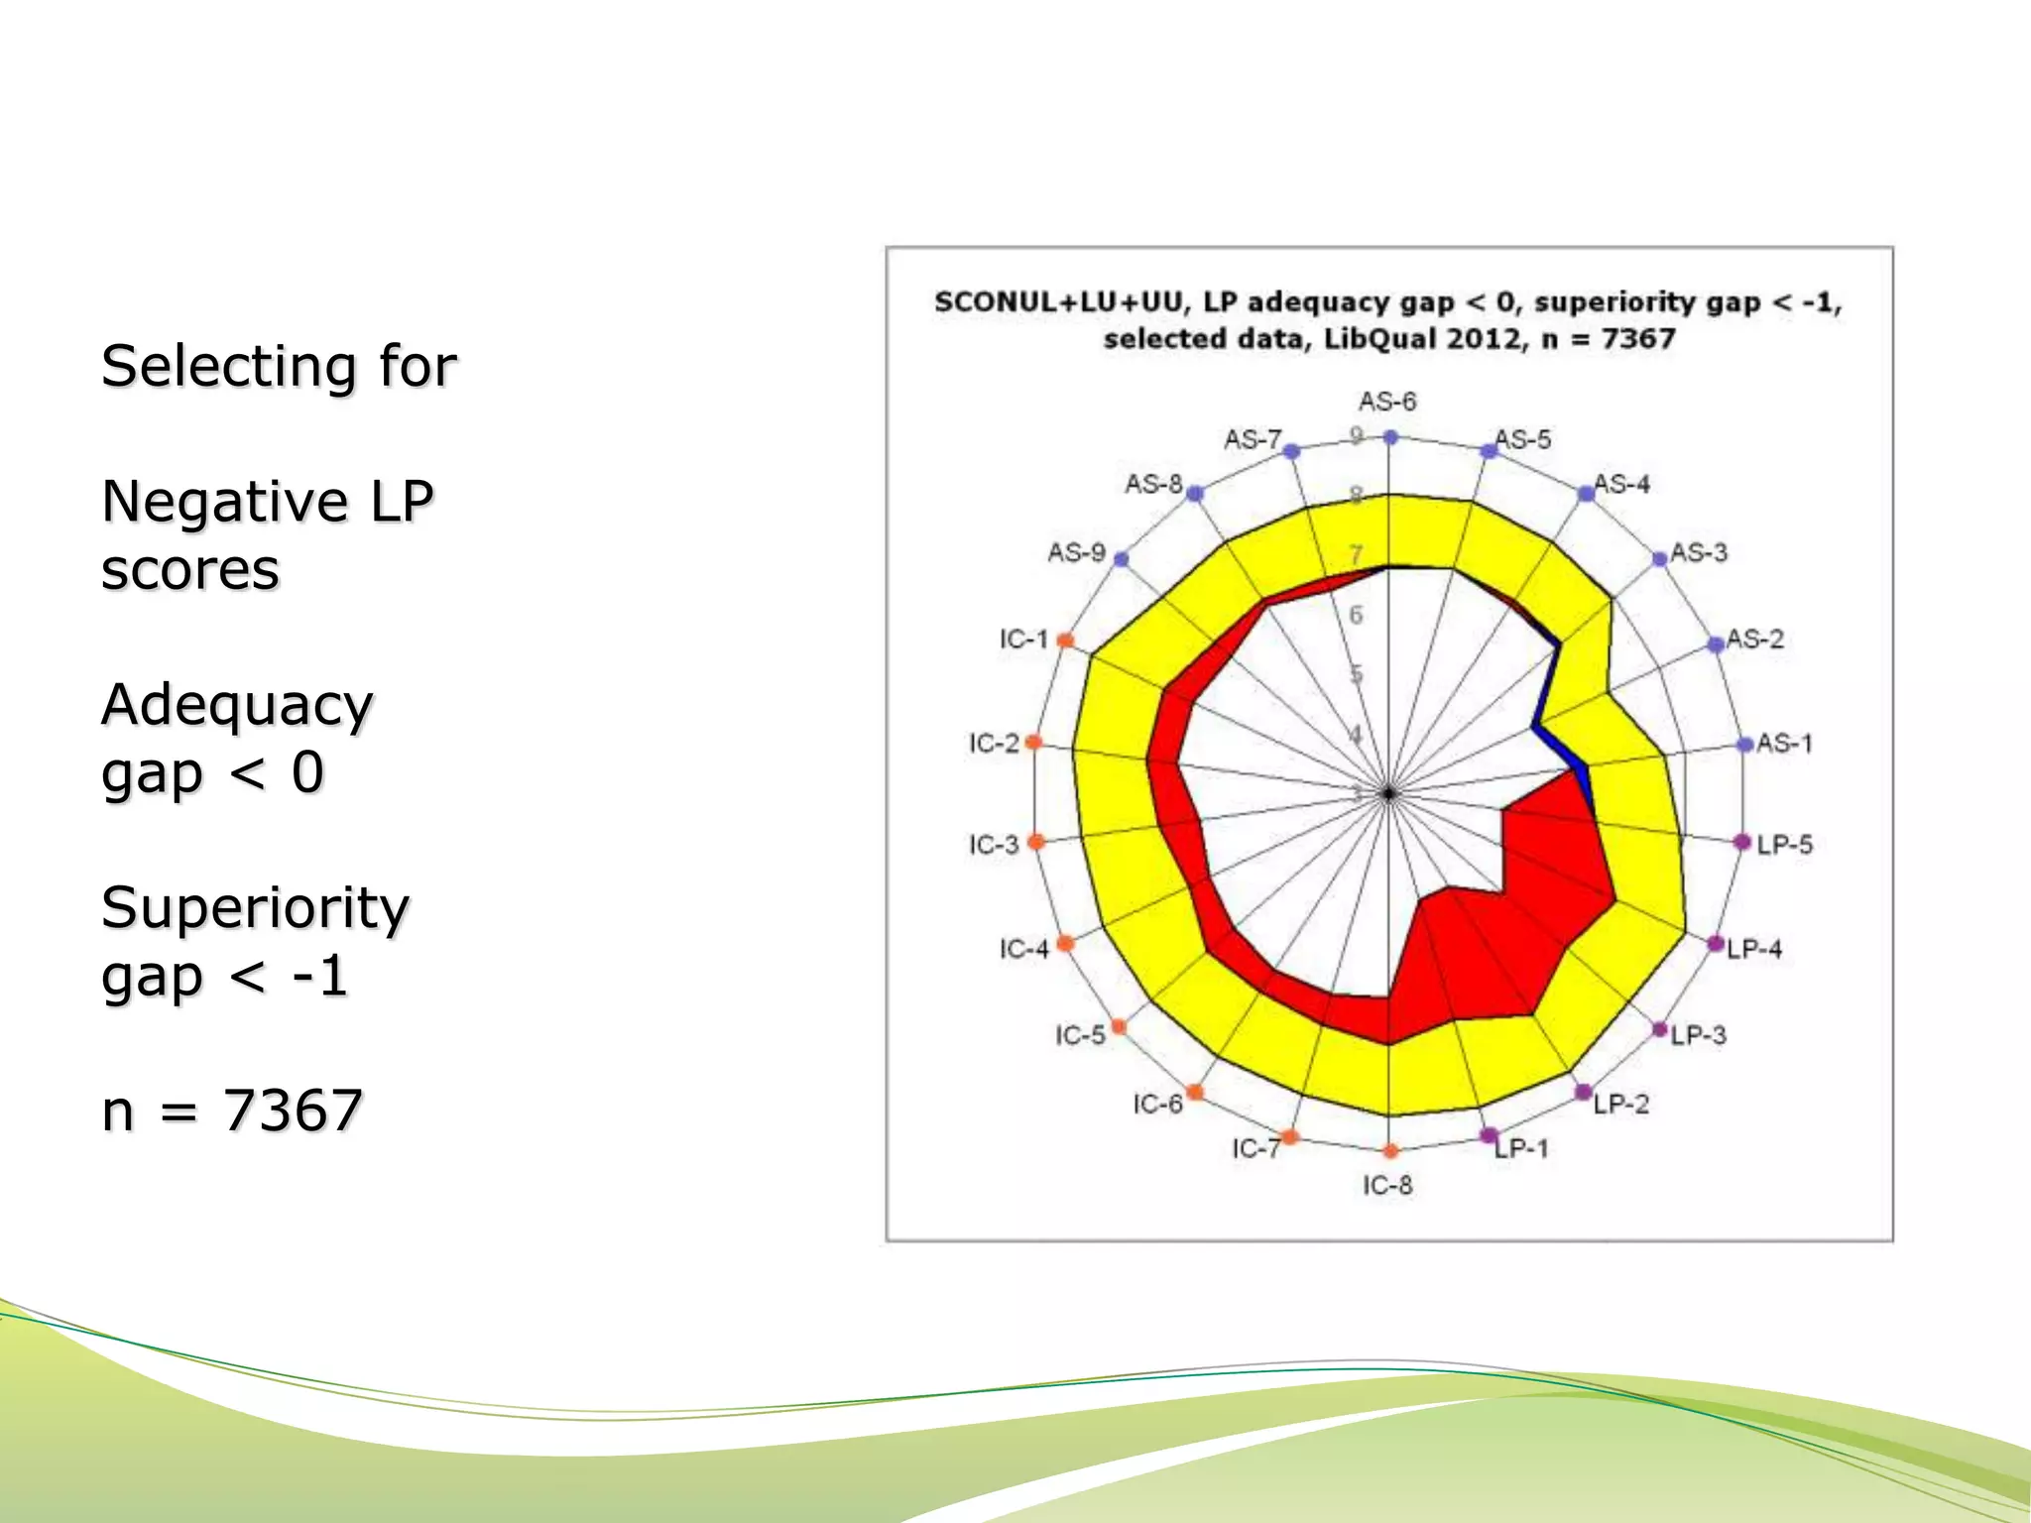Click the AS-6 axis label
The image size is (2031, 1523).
tap(1386, 402)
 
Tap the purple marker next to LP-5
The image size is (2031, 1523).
tap(1742, 842)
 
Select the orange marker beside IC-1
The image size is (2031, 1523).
tap(1065, 641)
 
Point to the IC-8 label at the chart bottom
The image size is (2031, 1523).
tap(1386, 1185)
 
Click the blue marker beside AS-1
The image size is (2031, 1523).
tap(1745, 745)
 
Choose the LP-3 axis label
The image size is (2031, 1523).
tap(1698, 1035)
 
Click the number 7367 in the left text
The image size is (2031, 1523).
tap(293, 1110)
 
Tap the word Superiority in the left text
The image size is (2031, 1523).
tap(255, 907)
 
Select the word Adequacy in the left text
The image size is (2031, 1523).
tap(237, 705)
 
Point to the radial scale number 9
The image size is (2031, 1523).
tap(1357, 434)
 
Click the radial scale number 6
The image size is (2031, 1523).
tap(1356, 615)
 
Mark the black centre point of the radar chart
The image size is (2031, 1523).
tap(1388, 793)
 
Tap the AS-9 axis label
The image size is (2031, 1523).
tap(1076, 552)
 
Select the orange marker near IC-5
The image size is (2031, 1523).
tap(1119, 1026)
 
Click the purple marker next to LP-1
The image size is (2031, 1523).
tap(1489, 1135)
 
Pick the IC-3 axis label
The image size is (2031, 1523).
tap(994, 845)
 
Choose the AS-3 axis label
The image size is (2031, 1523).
tap(1698, 552)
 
